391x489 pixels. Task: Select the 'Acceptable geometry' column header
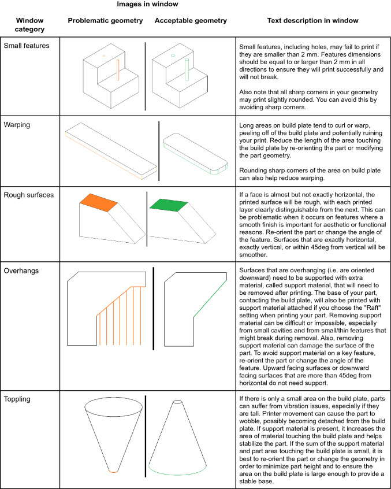(191, 21)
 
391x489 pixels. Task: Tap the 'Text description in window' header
(312, 21)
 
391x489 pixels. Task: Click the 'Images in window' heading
(147, 5)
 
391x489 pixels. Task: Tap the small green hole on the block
(173, 56)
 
